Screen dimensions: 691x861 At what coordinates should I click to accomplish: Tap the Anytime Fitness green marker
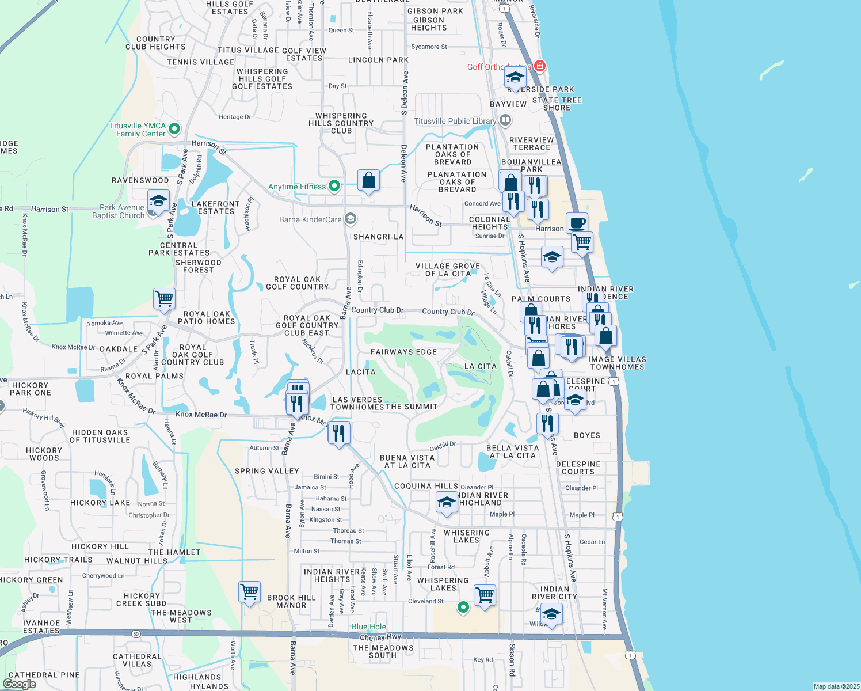334,186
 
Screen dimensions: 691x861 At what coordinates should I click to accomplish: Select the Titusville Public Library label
455,122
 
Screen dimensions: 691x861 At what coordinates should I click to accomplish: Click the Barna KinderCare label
310,219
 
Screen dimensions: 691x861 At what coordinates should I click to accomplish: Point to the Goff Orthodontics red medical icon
539,66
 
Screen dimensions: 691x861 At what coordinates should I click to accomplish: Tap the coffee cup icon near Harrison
577,223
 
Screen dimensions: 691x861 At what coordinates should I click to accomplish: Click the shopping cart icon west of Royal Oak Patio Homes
165,299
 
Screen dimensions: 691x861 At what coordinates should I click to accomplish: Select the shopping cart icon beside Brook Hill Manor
250,591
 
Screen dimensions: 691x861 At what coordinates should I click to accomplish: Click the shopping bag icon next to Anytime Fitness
368,180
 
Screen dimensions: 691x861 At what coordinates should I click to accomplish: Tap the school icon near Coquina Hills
447,502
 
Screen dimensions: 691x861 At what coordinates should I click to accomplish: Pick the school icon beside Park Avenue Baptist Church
158,201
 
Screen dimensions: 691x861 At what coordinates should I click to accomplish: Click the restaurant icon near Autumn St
339,432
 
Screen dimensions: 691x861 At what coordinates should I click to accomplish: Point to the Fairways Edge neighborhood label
403,352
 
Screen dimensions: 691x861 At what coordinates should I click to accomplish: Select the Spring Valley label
267,471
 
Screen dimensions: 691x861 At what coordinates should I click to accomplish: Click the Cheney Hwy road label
380,637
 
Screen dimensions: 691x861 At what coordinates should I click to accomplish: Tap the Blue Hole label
369,627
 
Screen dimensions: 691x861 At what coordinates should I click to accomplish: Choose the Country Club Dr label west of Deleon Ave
377,310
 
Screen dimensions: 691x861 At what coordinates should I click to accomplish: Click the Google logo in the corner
20,684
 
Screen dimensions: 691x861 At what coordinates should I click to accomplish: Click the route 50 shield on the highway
136,634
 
